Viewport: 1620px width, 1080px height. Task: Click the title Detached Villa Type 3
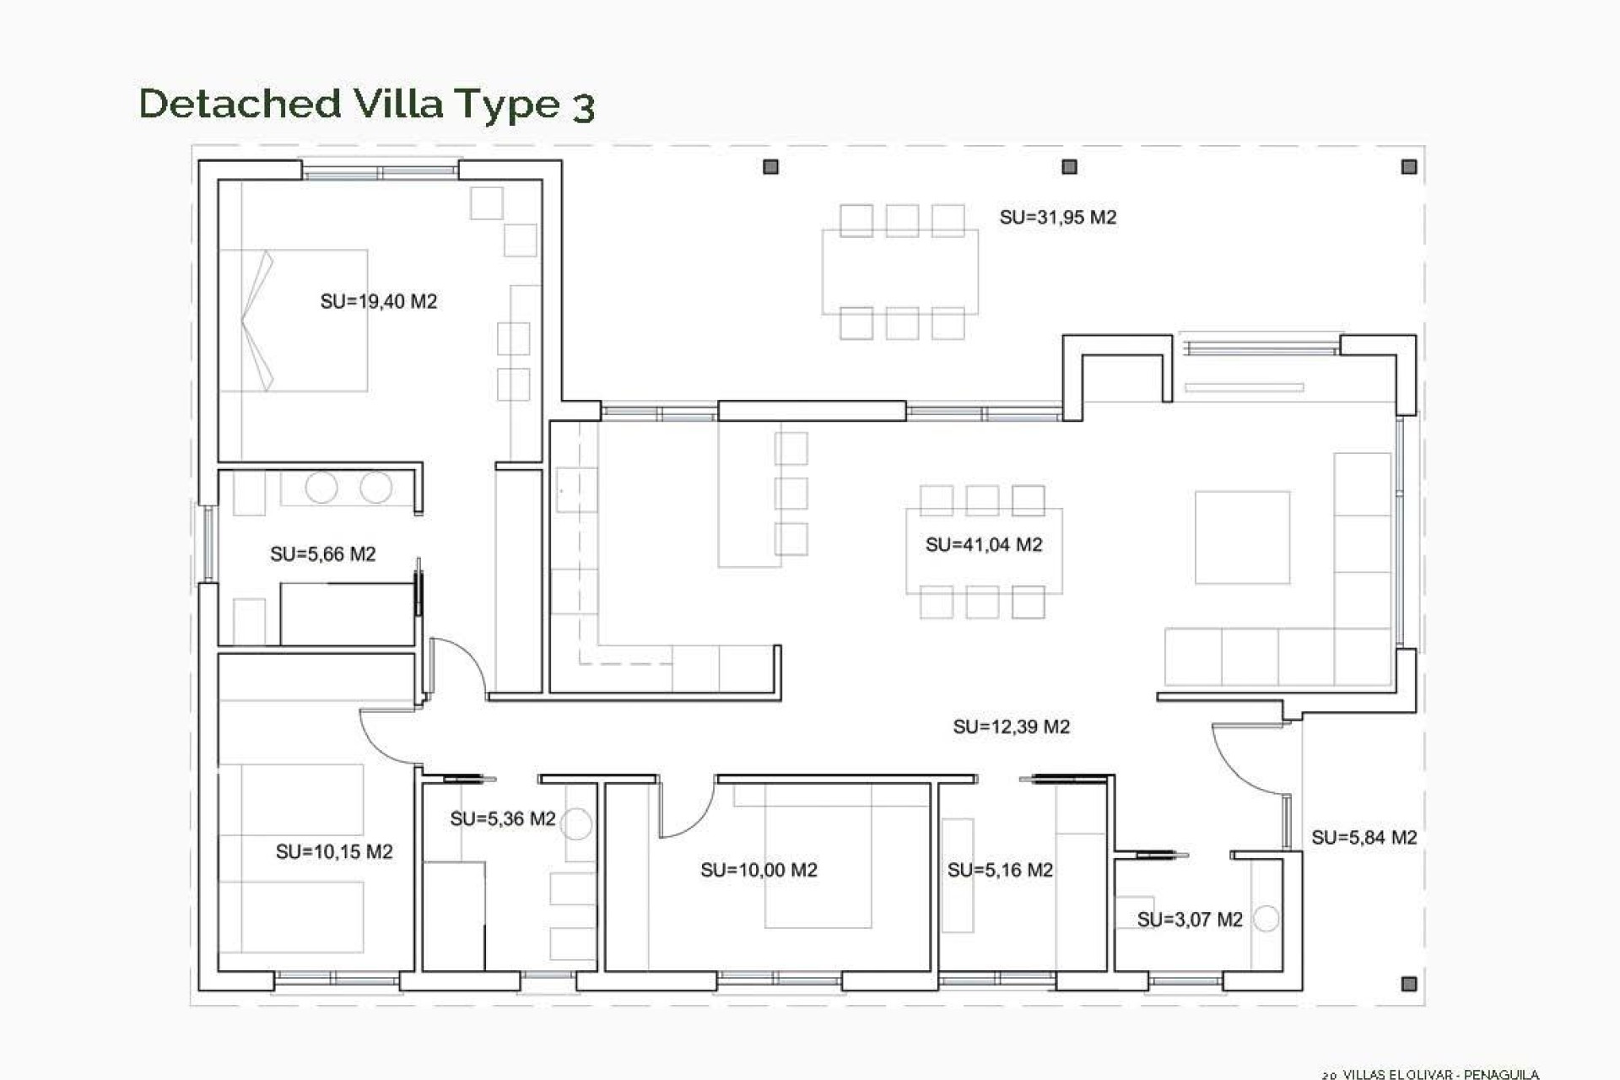(x=367, y=105)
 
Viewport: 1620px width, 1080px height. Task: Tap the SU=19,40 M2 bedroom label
(x=379, y=301)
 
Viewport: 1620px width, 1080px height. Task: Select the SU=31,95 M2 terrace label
(x=1057, y=217)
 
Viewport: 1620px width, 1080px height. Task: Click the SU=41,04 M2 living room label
(x=984, y=544)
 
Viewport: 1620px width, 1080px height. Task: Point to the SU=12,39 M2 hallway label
(x=1011, y=726)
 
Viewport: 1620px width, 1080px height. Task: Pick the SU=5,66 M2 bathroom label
(x=322, y=554)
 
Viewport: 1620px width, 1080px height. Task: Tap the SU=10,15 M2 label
(x=334, y=851)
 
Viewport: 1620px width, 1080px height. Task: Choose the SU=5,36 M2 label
(x=502, y=818)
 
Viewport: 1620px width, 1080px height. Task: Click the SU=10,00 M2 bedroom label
(x=759, y=870)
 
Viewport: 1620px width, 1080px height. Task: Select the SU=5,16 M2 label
(x=1000, y=870)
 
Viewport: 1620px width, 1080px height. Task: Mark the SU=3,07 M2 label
(x=1190, y=920)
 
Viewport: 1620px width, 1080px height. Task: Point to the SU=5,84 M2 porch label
(x=1363, y=837)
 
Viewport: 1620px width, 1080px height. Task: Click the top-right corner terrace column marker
(x=1408, y=167)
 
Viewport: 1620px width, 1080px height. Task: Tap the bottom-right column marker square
(x=1408, y=983)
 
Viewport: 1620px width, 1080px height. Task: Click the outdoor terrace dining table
(x=900, y=272)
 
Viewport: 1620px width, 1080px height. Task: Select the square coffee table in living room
(x=1242, y=537)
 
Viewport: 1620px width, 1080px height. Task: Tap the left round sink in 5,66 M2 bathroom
(x=321, y=488)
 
